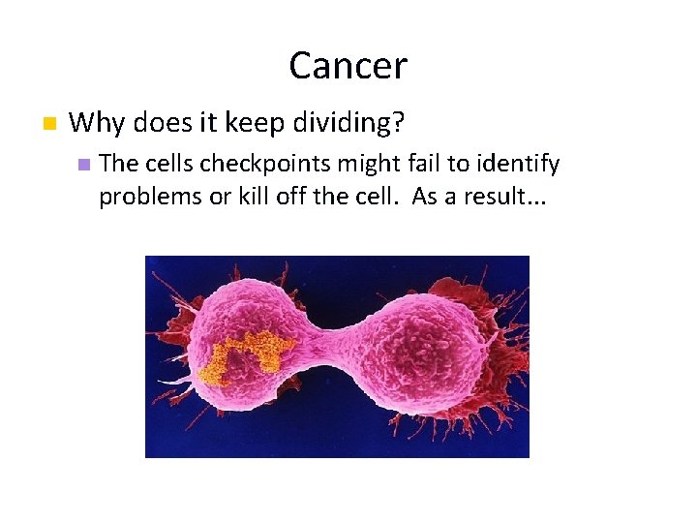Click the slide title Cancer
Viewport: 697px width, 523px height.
tap(348, 66)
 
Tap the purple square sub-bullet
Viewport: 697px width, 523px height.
tap(83, 165)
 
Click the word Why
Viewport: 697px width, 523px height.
tap(93, 123)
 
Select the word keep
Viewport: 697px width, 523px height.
tap(254, 123)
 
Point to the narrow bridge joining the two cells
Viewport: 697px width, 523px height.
tap(339, 346)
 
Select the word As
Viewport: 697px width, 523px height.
tap(426, 196)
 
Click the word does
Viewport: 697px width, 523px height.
tap(158, 123)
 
